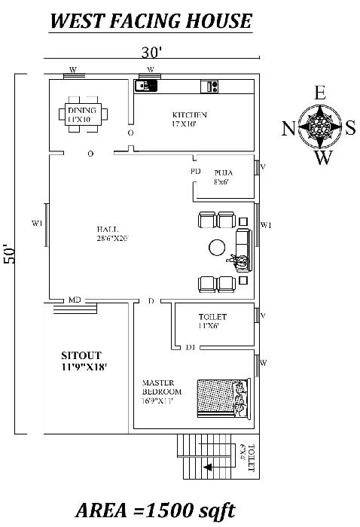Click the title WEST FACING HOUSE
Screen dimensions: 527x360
pos(151,20)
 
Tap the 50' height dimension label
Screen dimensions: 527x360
pos(10,253)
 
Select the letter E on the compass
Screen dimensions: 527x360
pos(319,93)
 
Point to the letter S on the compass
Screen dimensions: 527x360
pos(350,129)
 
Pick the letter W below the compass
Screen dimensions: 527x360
pos(322,158)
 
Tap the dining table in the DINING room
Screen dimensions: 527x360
pos(82,114)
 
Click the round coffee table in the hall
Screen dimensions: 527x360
pos(218,247)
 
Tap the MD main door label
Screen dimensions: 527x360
pos(75,300)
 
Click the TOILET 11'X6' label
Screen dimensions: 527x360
pos(213,321)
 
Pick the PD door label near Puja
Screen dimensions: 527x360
pos(195,172)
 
